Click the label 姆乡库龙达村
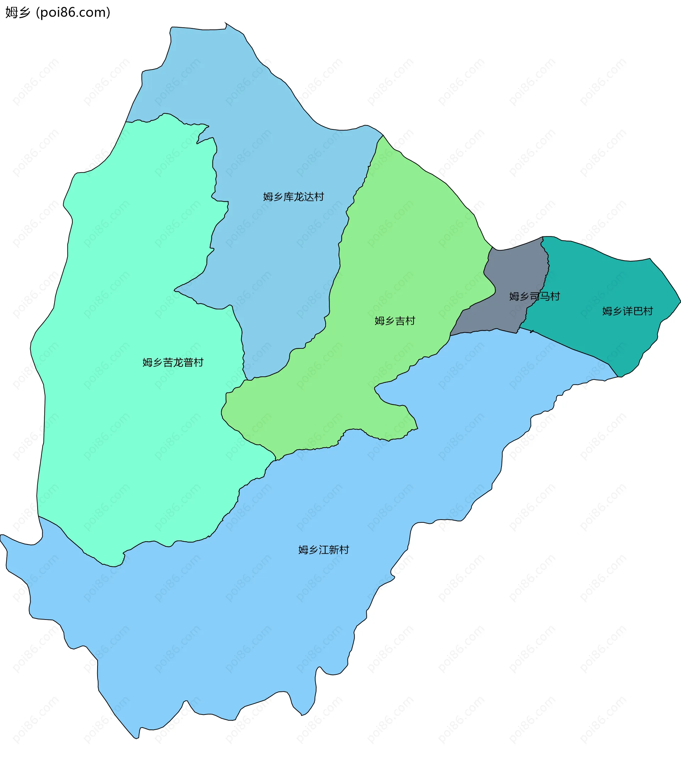click(x=293, y=197)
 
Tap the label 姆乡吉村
click(x=395, y=321)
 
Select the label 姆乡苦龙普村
click(x=173, y=362)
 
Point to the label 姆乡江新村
click(x=324, y=550)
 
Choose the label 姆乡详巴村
click(x=627, y=311)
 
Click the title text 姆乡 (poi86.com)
click(x=58, y=12)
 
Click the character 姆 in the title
click(x=11, y=12)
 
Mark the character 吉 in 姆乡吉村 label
click(x=400, y=321)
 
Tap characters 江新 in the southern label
click(x=329, y=550)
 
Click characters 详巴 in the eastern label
click(x=632, y=311)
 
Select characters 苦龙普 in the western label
click(x=178, y=362)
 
